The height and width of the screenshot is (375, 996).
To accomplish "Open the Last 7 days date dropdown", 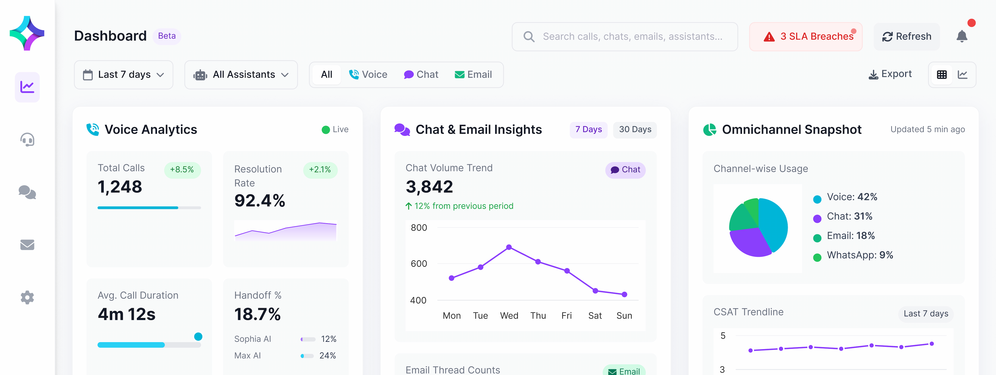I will [x=123, y=75].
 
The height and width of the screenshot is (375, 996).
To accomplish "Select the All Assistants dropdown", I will [x=241, y=75].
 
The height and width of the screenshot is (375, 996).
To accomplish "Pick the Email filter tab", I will [x=473, y=75].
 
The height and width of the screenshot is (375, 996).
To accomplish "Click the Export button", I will [x=890, y=74].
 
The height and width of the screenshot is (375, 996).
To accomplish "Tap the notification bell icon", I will [x=962, y=36].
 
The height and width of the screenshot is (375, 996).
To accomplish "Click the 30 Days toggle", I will [x=635, y=130].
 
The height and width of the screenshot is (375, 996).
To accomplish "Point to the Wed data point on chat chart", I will [x=509, y=247].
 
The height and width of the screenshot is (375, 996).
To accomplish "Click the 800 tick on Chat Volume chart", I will [x=419, y=227].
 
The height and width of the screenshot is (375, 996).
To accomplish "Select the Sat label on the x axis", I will [x=595, y=316].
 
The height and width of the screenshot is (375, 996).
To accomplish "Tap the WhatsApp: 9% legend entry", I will [x=860, y=255].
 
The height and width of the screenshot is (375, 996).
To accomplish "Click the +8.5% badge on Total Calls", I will [x=182, y=170].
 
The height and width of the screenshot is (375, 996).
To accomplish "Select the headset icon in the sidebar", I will [x=27, y=140].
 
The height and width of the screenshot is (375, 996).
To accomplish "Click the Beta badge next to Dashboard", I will [x=167, y=36].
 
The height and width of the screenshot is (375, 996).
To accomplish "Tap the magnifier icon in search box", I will [x=529, y=37].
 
